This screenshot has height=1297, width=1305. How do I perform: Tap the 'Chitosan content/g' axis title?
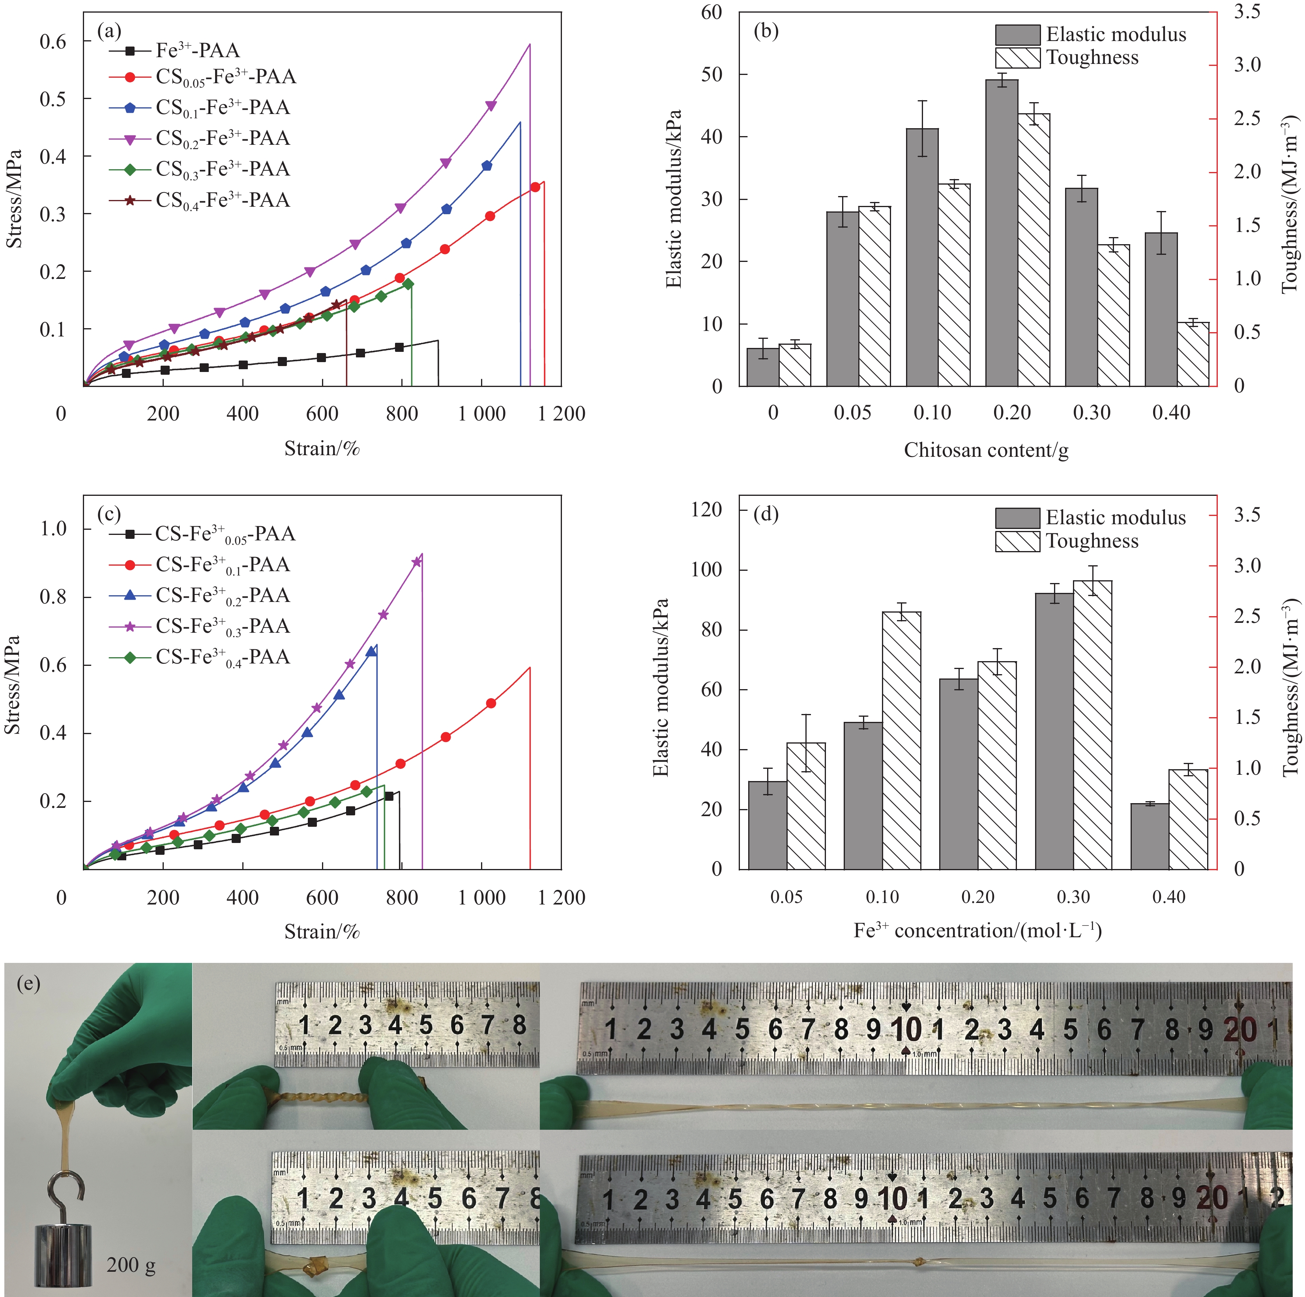(x=986, y=450)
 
